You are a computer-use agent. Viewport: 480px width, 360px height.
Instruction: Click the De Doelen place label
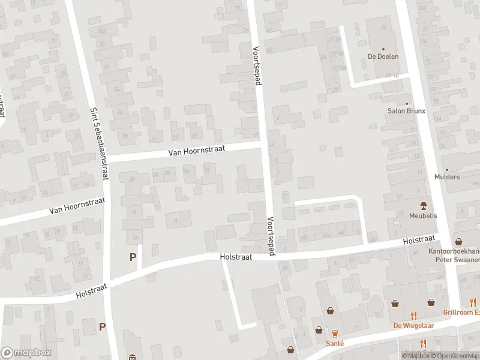coord(383,56)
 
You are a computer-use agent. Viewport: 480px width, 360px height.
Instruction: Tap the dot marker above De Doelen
coord(383,48)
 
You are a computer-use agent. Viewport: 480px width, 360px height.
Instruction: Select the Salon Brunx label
coord(406,111)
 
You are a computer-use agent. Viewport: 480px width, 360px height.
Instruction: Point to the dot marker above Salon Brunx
coord(407,103)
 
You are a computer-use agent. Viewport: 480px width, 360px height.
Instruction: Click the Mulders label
coord(447,177)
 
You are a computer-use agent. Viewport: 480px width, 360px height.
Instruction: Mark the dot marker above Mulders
coord(447,169)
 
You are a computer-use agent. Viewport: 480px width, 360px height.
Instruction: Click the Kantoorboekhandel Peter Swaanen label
coord(454,256)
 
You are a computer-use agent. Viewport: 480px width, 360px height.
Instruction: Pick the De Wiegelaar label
coord(413,326)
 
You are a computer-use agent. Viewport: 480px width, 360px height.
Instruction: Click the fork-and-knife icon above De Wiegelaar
coord(413,315)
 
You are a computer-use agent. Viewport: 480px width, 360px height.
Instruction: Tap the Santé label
coord(335,343)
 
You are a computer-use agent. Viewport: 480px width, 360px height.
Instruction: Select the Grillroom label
coord(461,313)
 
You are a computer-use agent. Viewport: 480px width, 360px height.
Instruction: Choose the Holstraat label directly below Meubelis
coord(419,240)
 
